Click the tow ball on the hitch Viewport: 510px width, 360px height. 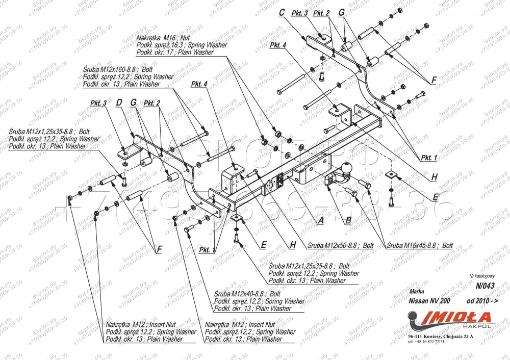pyautogui.click(x=347, y=168)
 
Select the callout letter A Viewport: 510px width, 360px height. pyautogui.click(x=321, y=220)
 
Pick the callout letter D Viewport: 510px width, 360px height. pyautogui.click(x=119, y=103)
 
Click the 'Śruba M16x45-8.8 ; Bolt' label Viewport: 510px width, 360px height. pyautogui.click(x=420, y=245)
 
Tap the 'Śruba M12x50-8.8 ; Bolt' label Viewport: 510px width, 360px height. pyautogui.click(x=340, y=245)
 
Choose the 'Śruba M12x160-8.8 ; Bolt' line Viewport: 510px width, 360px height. pyautogui.click(x=118, y=69)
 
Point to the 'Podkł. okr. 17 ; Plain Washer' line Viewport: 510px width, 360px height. pyautogui.click(x=175, y=52)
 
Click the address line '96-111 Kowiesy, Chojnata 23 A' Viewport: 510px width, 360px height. pyautogui.click(x=440, y=337)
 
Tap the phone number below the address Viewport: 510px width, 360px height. pyautogui.click(x=426, y=342)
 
